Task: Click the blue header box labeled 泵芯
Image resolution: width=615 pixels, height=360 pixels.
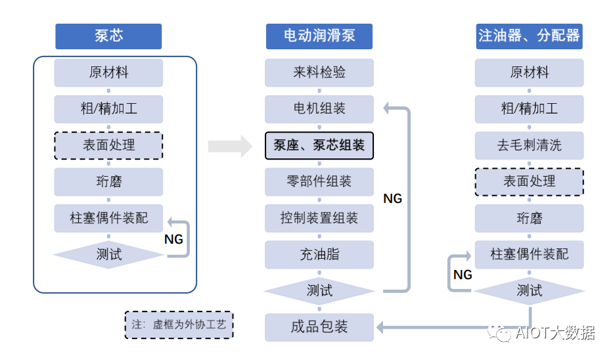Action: coord(108,36)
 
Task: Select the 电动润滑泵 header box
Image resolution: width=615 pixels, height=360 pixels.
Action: coord(319,36)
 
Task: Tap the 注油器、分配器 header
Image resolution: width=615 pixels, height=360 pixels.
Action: coord(529,36)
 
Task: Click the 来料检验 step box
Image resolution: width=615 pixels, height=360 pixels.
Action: coord(319,73)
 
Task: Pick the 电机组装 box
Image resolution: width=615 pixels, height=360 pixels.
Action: coord(319,109)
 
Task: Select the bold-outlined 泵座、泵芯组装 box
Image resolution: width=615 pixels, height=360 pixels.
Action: coord(319,145)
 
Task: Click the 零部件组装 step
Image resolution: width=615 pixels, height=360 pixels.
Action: coord(319,181)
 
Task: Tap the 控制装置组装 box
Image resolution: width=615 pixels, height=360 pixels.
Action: coord(319,218)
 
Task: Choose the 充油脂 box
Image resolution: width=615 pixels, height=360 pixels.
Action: coord(319,254)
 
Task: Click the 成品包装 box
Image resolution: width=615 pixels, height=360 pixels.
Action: coord(319,326)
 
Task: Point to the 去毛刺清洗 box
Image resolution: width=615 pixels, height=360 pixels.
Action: coord(529,145)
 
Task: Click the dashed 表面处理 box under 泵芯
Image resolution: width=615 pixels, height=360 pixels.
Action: coord(108,145)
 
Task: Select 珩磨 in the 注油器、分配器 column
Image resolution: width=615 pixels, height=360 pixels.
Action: coord(529,218)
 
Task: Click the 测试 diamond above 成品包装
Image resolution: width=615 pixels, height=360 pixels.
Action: coord(319,290)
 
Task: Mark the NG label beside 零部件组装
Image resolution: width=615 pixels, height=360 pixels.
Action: coord(392,198)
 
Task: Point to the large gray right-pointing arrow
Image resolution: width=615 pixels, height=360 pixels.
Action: coord(230,145)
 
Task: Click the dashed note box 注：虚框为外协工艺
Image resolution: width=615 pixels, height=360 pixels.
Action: coord(179,325)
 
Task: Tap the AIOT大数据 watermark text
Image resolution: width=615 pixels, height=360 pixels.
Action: coord(555,333)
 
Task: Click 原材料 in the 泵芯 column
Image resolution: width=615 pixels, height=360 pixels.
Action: coord(108,73)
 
